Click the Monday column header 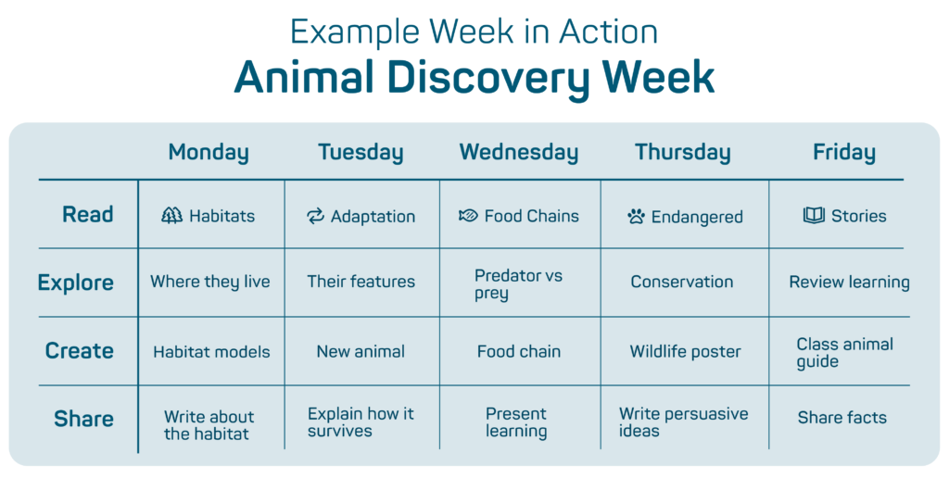tap(209, 153)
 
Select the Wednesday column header tap(519, 153)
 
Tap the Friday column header tap(843, 153)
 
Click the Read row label tap(88, 214)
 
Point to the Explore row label tap(76, 283)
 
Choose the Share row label tap(83, 419)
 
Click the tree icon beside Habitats tap(171, 216)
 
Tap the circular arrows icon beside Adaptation tap(315, 216)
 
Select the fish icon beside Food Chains tap(468, 216)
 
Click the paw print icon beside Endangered tap(636, 217)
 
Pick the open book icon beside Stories tap(814, 215)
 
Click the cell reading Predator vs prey tap(519, 284)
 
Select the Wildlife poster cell tap(685, 351)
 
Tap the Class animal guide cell tap(845, 353)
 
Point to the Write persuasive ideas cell tap(683, 421)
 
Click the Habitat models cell tap(212, 352)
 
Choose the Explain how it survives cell tap(361, 421)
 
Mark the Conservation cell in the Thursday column tap(681, 282)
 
